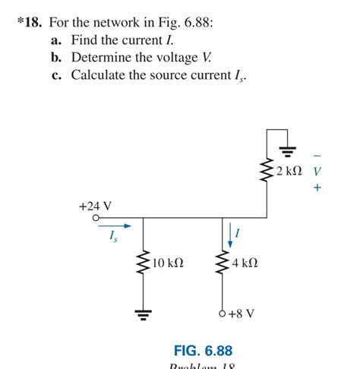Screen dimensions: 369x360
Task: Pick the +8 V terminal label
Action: click(242, 313)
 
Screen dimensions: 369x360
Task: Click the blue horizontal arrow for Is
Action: click(122, 225)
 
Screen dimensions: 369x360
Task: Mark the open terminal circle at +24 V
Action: click(95, 218)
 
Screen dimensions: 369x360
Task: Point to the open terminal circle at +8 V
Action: click(223, 313)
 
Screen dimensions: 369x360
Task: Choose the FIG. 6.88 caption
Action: click(203, 351)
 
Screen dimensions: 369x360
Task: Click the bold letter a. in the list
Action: click(56, 39)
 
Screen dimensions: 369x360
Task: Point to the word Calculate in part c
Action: click(100, 75)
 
